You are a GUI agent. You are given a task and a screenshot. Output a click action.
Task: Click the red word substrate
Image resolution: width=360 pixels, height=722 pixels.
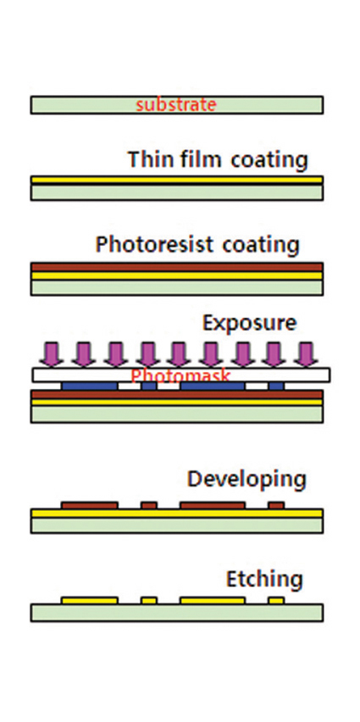pyautogui.click(x=176, y=105)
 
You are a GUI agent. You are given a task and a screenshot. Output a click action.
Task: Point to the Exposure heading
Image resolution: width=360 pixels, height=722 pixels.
pyautogui.click(x=250, y=324)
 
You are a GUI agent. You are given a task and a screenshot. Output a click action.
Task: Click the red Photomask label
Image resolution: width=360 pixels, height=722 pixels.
pyautogui.click(x=180, y=375)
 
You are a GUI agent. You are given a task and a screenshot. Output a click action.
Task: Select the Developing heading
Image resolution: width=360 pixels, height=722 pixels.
pyautogui.click(x=246, y=480)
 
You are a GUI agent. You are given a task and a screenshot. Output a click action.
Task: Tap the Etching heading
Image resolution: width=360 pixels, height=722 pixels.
pyautogui.click(x=264, y=580)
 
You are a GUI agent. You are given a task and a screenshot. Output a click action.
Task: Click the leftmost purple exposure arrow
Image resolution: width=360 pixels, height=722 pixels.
pyautogui.click(x=52, y=354)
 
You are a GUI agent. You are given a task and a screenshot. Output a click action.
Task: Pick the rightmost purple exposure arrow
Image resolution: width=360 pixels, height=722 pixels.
pyautogui.click(x=305, y=354)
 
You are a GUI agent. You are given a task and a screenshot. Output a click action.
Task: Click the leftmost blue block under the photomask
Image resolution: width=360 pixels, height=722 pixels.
pyautogui.click(x=90, y=386)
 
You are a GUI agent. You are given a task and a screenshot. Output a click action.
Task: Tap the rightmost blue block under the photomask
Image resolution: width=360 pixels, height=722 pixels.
pyautogui.click(x=276, y=386)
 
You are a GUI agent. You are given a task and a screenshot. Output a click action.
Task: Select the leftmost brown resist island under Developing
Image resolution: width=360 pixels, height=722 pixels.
pyautogui.click(x=89, y=505)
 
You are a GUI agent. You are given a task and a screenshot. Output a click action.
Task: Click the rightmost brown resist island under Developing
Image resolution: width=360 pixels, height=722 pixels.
pyautogui.click(x=276, y=505)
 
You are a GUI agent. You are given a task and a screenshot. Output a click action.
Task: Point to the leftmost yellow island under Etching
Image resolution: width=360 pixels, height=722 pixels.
pyautogui.click(x=89, y=601)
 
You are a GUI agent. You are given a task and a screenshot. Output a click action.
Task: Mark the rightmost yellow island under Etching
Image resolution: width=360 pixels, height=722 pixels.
pyautogui.click(x=276, y=601)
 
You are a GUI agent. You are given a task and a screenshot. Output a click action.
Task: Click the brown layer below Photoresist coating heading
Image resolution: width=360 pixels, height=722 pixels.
pyautogui.click(x=177, y=267)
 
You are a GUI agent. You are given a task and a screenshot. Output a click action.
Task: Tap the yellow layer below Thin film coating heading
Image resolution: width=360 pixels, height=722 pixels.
pyautogui.click(x=177, y=180)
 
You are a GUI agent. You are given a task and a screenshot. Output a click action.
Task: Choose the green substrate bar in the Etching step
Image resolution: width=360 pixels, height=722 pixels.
pyautogui.click(x=177, y=613)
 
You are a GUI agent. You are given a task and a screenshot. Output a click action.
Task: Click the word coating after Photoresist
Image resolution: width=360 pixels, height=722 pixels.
pyautogui.click(x=261, y=245)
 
